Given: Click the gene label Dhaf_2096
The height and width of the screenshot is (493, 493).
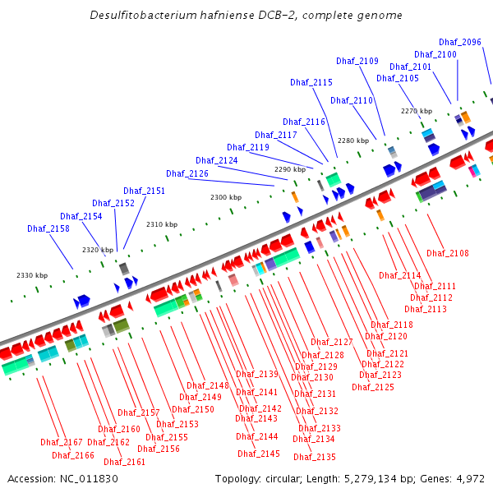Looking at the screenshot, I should point(460,42).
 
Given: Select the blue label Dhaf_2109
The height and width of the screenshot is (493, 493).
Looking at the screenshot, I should point(357,61).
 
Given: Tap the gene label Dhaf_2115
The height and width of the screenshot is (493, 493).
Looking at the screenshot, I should point(311,82).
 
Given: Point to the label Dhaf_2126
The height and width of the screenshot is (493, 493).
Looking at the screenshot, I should point(187,173).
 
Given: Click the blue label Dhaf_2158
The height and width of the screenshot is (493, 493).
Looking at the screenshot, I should point(48,228).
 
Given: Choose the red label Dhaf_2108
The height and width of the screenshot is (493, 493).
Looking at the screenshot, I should point(448,253).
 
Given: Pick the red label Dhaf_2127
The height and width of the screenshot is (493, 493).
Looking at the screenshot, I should point(332,342).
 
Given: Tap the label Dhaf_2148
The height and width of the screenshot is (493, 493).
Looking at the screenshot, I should point(208,385).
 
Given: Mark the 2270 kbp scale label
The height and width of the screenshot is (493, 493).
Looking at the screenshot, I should point(417,111).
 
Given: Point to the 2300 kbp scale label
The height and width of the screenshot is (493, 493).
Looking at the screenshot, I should point(226,197).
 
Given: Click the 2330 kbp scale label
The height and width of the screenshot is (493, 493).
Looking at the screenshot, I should point(32,275).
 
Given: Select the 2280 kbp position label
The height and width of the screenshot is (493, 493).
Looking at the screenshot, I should point(353,141).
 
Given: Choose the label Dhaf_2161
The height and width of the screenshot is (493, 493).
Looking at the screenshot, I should point(125,462).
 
